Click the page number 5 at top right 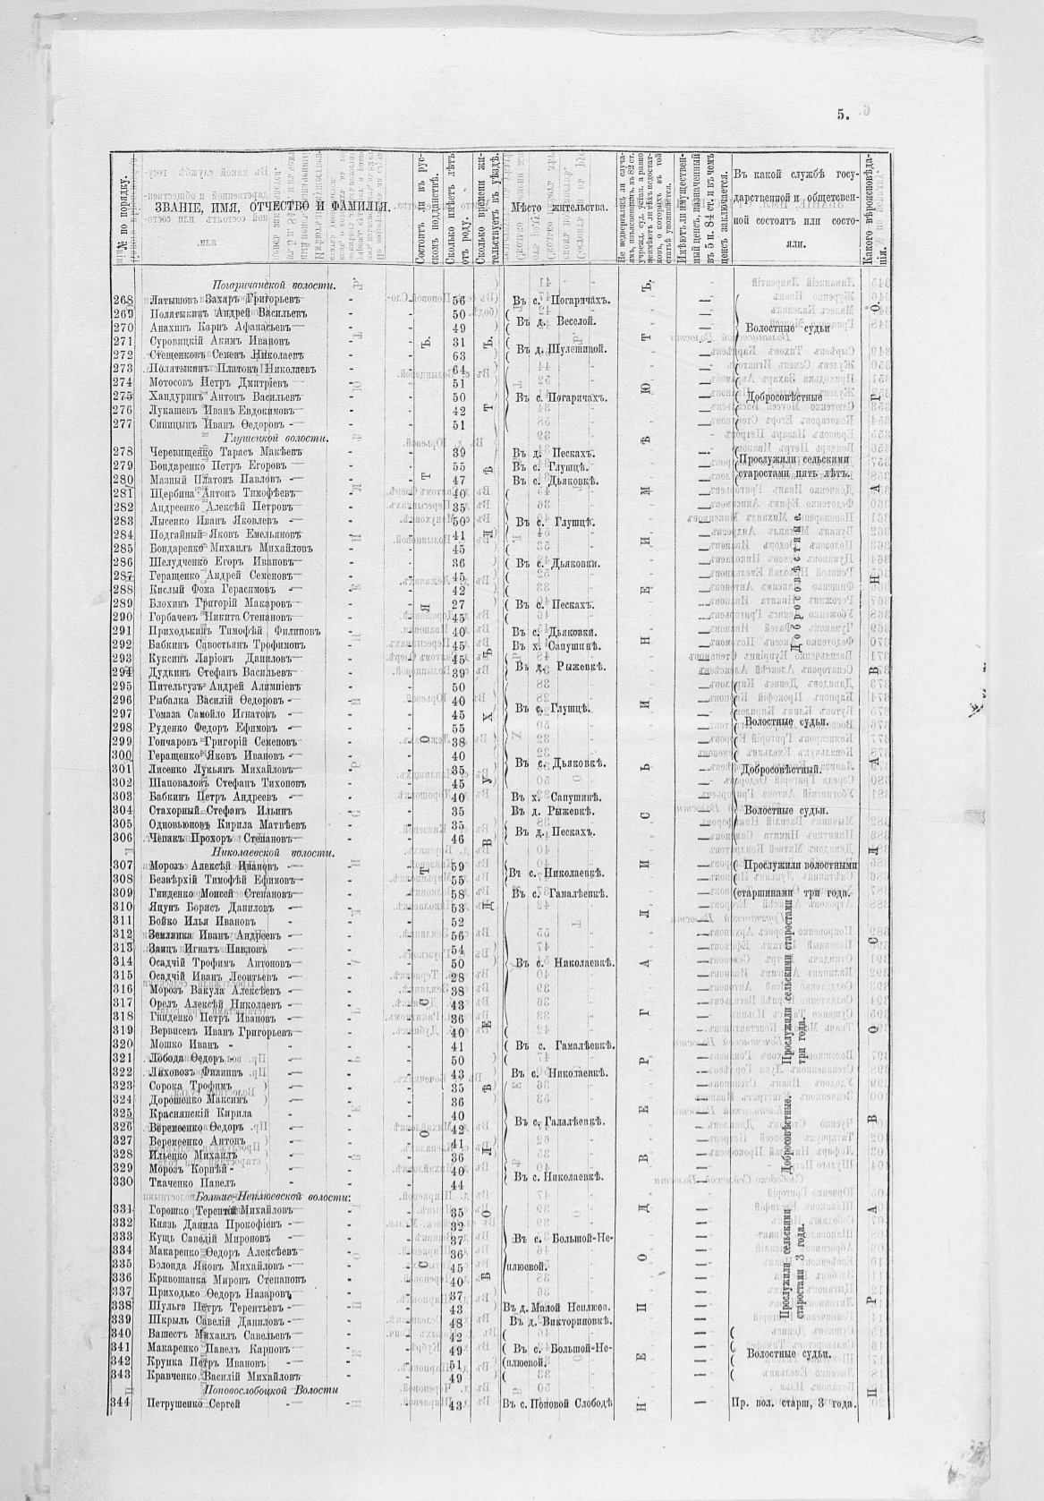(x=843, y=114)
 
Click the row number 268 (x=123, y=300)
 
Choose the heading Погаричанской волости (x=267, y=285)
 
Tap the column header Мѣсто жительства (x=557, y=208)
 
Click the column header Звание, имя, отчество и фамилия (x=267, y=208)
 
